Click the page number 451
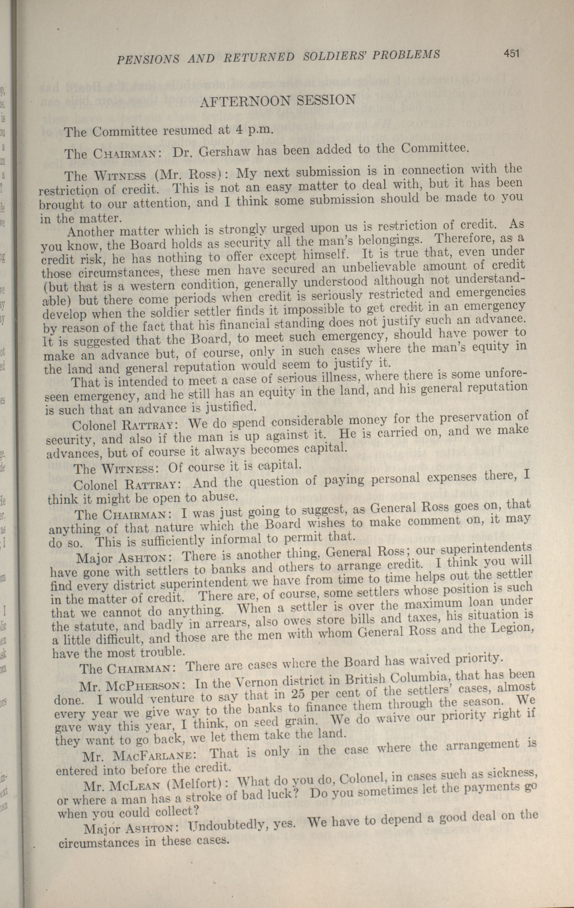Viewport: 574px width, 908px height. [511, 54]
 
